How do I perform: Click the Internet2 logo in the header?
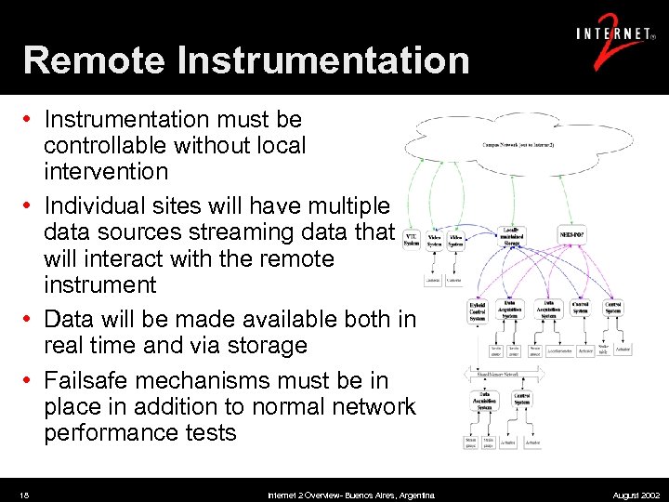(x=614, y=41)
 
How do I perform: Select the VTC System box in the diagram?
(x=412, y=240)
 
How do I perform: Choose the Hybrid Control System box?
(x=477, y=311)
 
